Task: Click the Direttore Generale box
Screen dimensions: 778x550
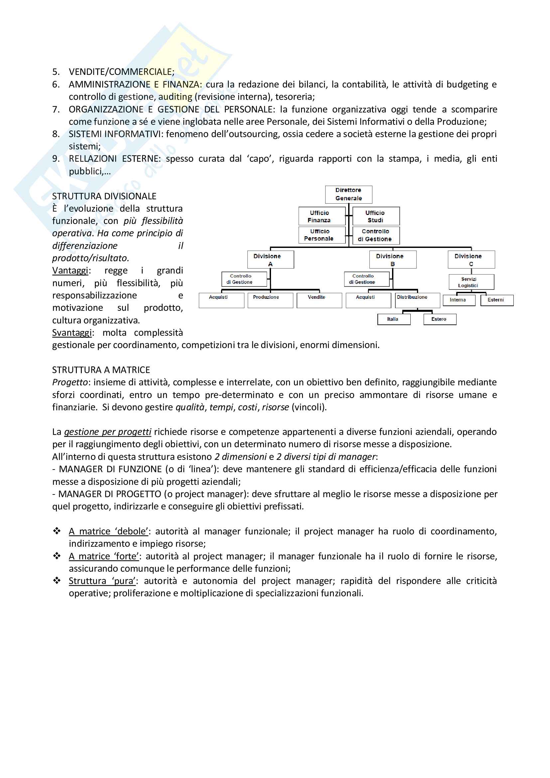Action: click(348, 194)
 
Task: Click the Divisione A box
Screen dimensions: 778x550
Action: click(270, 260)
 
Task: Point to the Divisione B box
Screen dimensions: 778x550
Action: click(392, 260)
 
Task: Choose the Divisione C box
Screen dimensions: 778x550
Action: click(471, 260)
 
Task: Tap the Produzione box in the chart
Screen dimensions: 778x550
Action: click(270, 300)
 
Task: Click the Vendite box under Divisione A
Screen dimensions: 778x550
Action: click(319, 300)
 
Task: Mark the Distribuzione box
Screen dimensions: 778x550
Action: click(417, 300)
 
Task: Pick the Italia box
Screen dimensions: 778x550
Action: click(393, 319)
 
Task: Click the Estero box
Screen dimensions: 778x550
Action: click(440, 319)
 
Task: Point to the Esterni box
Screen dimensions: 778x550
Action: click(496, 300)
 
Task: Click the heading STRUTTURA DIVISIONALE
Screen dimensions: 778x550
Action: click(104, 196)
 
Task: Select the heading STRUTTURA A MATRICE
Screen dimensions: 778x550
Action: click(101, 370)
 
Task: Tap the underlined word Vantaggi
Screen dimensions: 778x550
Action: click(70, 271)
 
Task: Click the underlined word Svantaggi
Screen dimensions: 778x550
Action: click(72, 333)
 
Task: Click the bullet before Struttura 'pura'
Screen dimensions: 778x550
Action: click(57, 580)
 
